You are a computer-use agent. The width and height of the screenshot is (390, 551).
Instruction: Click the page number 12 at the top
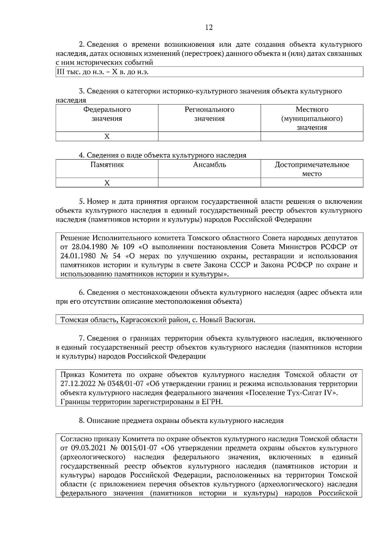[x=209, y=28]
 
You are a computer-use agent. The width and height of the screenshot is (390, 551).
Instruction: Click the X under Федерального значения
[x=107, y=136]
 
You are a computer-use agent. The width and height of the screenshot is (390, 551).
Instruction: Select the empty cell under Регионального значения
[x=209, y=136]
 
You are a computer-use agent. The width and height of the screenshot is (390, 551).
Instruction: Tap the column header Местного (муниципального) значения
[x=312, y=118]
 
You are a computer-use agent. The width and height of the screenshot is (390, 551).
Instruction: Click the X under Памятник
[x=107, y=183]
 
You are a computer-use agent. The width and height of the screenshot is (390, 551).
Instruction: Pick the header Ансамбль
[x=209, y=165]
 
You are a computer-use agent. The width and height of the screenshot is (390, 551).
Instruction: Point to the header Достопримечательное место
[x=312, y=169]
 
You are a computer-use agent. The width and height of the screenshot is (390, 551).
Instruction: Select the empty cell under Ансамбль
[x=209, y=183]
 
